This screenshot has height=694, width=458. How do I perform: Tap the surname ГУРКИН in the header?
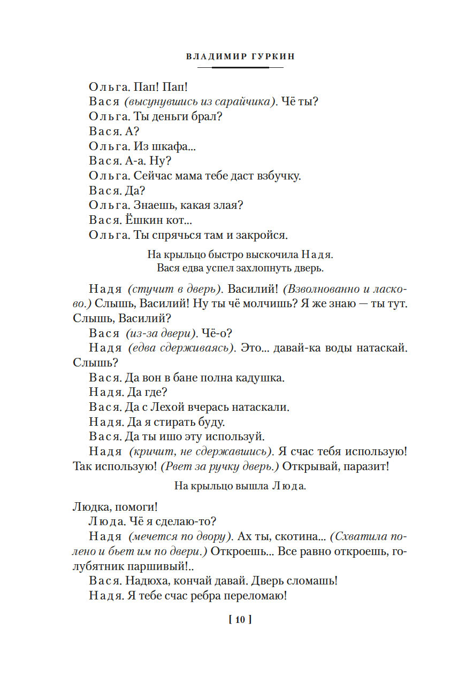point(261,57)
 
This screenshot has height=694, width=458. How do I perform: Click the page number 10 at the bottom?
point(240,620)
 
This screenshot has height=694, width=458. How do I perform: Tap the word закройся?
point(263,235)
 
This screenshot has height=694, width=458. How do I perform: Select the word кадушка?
point(261,378)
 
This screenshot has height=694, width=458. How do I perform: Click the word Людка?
point(88,506)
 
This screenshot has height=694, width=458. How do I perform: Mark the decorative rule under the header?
point(240,68)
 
